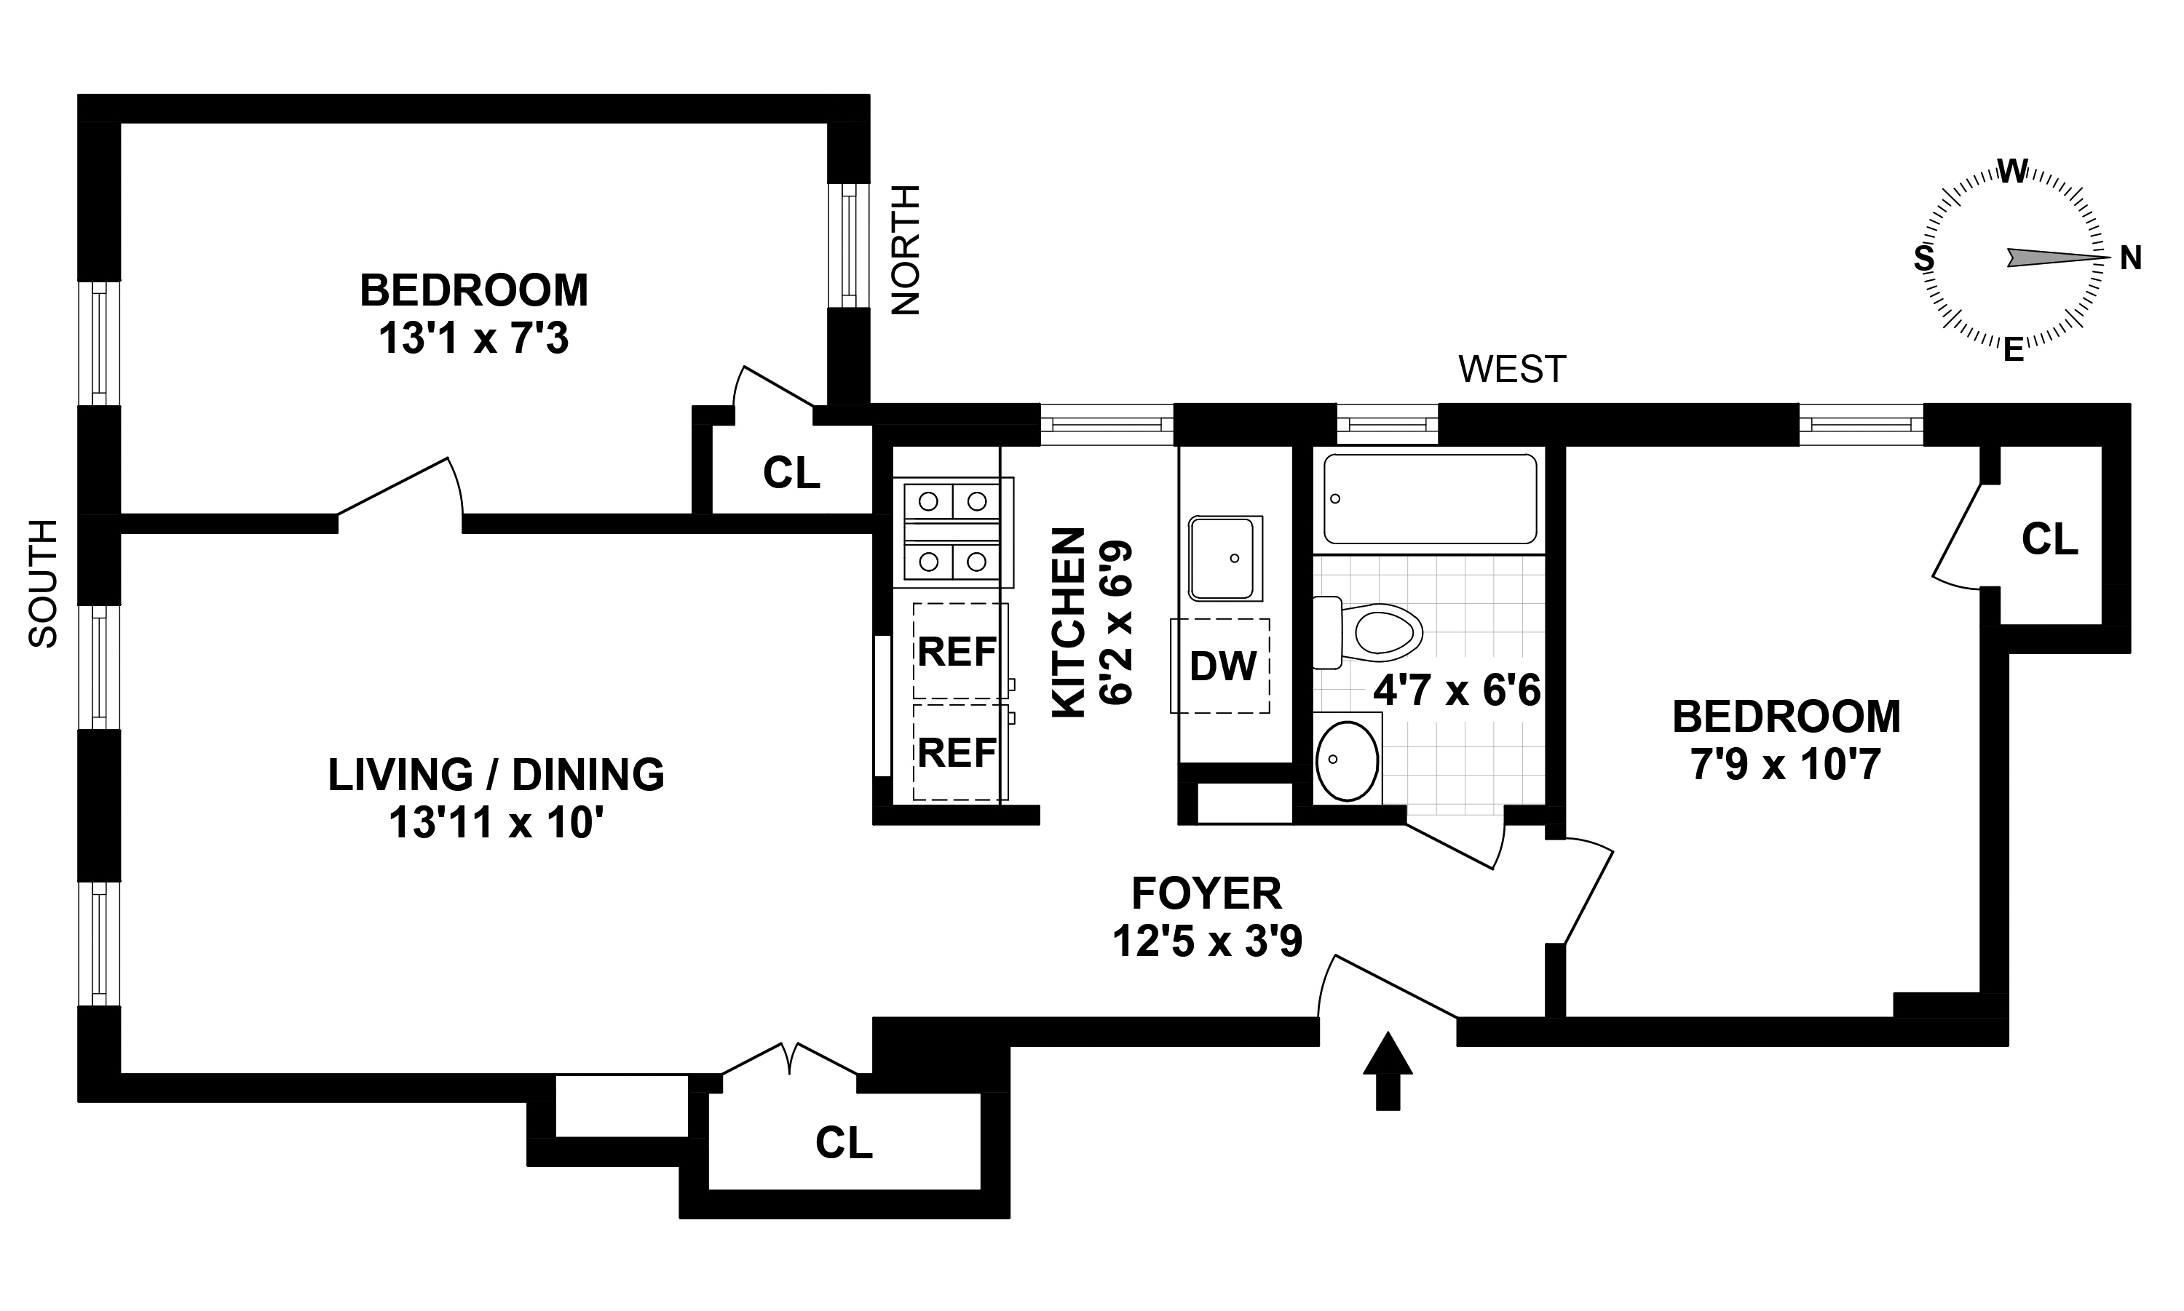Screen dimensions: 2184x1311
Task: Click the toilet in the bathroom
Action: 1367,632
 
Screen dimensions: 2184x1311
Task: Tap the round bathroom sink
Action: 1347,760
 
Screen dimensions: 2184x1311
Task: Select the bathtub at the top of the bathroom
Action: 1429,499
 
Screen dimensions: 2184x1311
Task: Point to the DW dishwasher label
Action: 1222,666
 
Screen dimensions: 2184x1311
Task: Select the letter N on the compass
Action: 2131,259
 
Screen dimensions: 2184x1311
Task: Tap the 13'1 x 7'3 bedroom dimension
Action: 474,338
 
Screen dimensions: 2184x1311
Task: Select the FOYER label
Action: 1206,894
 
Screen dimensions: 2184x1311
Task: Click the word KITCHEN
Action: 1069,623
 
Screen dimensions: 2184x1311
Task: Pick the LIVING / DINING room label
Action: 496,775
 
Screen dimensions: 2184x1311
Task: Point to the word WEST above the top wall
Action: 1512,370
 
